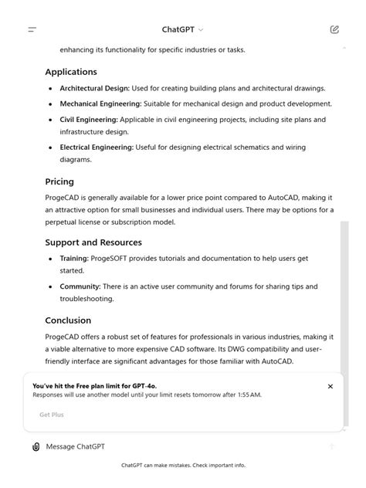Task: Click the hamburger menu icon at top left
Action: [x=32, y=30]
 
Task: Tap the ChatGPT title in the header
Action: [x=178, y=30]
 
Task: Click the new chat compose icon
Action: [x=334, y=30]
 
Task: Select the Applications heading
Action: [x=71, y=72]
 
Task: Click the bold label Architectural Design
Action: [x=94, y=88]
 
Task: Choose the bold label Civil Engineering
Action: [x=88, y=120]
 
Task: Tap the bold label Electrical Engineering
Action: [x=97, y=147]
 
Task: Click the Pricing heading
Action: [x=59, y=182]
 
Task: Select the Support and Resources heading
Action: [x=93, y=242]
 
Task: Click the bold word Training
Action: [x=73, y=259]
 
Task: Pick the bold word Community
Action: [x=80, y=286]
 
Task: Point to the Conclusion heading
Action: [x=68, y=320]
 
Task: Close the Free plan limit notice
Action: [x=330, y=386]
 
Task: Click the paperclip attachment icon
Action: [x=36, y=446]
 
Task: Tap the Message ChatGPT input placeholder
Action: [x=76, y=446]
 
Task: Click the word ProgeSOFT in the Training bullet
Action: [x=110, y=259]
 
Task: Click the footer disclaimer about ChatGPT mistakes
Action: [x=183, y=466]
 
